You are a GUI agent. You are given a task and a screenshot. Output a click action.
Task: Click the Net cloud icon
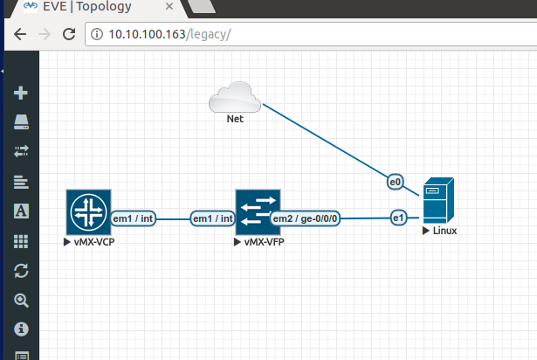tap(235, 97)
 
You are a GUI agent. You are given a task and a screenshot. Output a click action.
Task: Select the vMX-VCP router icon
tap(89, 212)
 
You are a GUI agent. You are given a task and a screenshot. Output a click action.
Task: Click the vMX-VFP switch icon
tap(258, 212)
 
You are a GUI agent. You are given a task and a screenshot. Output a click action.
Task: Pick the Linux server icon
tap(438, 201)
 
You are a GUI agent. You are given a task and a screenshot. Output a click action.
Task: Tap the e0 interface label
tap(396, 182)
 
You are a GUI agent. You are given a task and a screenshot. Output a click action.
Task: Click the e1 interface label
tap(399, 218)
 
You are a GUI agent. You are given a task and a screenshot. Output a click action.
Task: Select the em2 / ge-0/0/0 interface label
tap(305, 218)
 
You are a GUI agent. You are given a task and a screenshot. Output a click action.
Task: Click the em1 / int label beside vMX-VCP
tap(133, 218)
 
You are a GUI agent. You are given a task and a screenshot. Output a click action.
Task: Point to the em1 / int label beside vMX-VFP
tap(213, 218)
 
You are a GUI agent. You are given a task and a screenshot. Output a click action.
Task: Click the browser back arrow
tap(20, 34)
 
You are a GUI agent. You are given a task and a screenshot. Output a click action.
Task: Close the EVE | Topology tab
tap(169, 6)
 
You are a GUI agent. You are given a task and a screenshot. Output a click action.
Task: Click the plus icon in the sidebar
tap(21, 93)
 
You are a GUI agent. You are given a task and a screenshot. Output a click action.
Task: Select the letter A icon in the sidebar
tap(21, 211)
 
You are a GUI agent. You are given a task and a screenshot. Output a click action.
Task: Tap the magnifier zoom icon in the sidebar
tap(21, 301)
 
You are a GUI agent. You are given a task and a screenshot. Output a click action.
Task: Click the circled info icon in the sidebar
tap(21, 329)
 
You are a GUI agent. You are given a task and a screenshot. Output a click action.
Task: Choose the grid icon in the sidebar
tap(21, 241)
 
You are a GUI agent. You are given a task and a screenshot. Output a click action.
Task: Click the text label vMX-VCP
tap(94, 242)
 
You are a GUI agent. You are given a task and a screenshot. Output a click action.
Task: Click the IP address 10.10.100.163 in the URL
tap(147, 34)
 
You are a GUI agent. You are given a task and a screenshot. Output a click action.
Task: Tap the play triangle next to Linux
tap(426, 231)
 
